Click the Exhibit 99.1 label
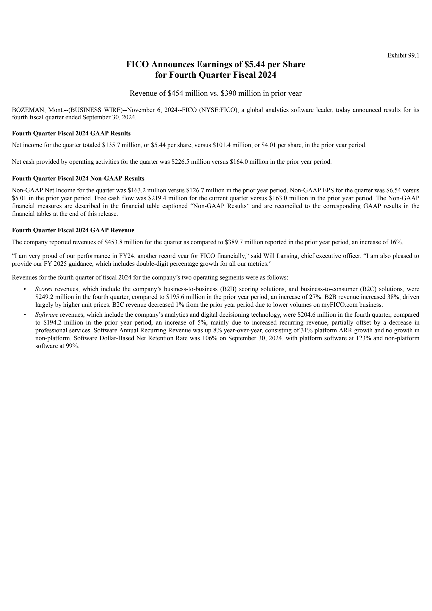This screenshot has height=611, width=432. click(x=403, y=55)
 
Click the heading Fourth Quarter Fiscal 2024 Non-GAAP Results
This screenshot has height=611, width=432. click(x=78, y=178)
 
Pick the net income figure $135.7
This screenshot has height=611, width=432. click(x=111, y=145)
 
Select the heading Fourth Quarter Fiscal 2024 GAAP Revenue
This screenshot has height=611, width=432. click(x=73, y=230)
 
